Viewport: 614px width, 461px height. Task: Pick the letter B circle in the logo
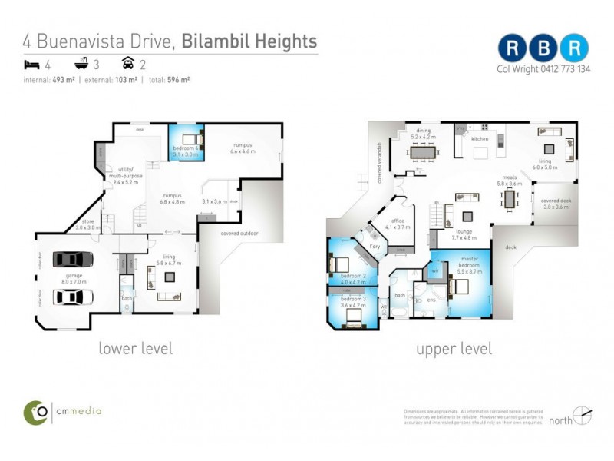pos(543,48)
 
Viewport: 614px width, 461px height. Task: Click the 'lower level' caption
pos(135,349)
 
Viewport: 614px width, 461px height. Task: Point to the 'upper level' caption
pos(454,349)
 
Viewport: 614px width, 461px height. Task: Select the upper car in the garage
pos(72,259)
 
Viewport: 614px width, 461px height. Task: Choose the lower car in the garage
pos(72,296)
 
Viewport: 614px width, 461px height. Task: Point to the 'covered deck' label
pos(555,204)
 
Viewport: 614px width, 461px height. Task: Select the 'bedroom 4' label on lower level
pos(187,150)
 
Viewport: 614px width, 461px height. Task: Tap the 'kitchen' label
pos(480,139)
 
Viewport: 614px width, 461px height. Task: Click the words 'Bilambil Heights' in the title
pos(249,41)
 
